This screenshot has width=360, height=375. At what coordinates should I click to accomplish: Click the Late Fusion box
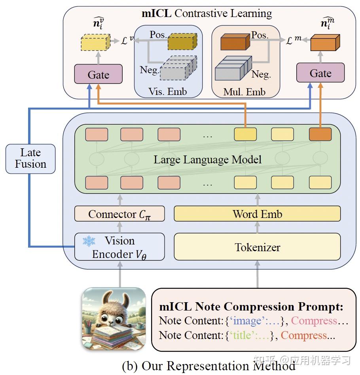coord(30,159)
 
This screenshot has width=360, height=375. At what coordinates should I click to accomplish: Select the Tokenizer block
coord(257,247)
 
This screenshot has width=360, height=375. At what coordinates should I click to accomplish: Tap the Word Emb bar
coord(257,214)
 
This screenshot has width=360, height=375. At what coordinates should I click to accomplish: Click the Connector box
coord(119,214)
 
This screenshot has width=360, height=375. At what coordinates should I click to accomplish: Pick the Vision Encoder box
coord(119,247)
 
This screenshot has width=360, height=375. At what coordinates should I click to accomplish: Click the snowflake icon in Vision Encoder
coord(89,241)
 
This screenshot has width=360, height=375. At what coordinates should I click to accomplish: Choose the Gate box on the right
coord(320,73)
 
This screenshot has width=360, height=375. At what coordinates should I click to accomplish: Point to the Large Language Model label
coord(207,160)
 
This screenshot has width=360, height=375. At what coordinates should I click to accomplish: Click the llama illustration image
coord(114,319)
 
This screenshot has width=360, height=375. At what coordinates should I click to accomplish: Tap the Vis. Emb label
coord(168,92)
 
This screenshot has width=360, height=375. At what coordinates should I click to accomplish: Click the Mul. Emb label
coord(244,92)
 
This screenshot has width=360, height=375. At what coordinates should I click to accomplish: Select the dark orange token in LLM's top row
coord(320,134)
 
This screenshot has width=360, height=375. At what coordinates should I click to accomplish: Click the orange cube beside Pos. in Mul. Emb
coord(233,42)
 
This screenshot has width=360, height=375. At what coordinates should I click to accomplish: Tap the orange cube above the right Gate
coord(325,43)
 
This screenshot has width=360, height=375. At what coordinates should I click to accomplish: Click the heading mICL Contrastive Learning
coord(207,13)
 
